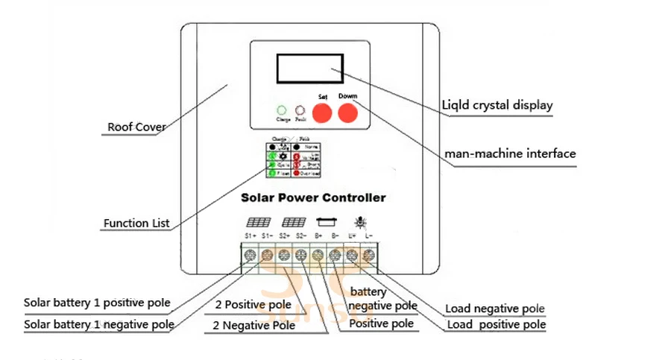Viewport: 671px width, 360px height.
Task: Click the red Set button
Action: pos(321,113)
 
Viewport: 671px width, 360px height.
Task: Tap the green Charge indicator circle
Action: pos(282,110)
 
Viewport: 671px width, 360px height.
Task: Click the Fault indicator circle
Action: pos(300,110)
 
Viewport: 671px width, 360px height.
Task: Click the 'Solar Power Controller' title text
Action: pos(313,198)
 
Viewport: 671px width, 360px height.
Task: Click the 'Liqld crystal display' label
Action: pos(498,105)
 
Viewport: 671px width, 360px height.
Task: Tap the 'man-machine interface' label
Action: pos(510,154)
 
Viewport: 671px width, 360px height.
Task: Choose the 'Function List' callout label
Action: pos(136,223)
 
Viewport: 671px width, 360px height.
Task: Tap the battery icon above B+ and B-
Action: pos(326,221)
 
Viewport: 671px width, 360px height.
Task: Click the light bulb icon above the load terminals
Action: pos(360,221)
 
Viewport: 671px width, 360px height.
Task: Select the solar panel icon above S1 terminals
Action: pos(259,222)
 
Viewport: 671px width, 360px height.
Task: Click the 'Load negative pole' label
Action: pos(495,309)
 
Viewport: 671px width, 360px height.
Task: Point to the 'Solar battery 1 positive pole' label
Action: pos(97,303)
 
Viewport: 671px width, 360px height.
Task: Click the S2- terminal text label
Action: pos(301,236)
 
